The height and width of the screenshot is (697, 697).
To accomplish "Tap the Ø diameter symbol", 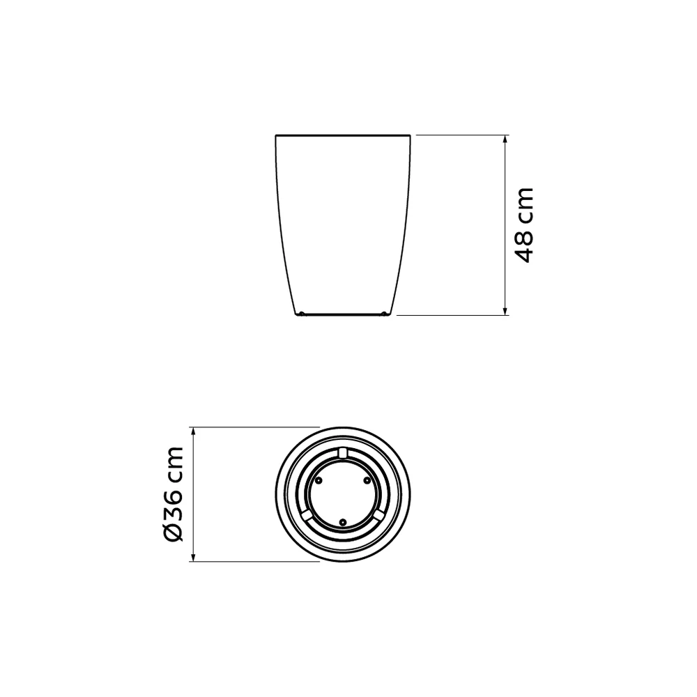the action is click(x=174, y=532).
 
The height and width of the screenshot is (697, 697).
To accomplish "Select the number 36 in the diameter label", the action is click(x=174, y=504).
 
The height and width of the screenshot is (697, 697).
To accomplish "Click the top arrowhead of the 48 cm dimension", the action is click(x=505, y=139).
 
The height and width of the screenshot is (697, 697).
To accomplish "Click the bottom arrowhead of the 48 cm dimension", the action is click(x=505, y=310).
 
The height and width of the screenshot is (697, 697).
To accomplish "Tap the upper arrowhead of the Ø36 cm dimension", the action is click(x=193, y=432).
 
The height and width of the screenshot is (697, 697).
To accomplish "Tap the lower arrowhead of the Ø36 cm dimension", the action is click(x=193, y=556).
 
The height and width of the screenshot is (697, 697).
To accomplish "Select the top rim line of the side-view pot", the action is click(x=343, y=135).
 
